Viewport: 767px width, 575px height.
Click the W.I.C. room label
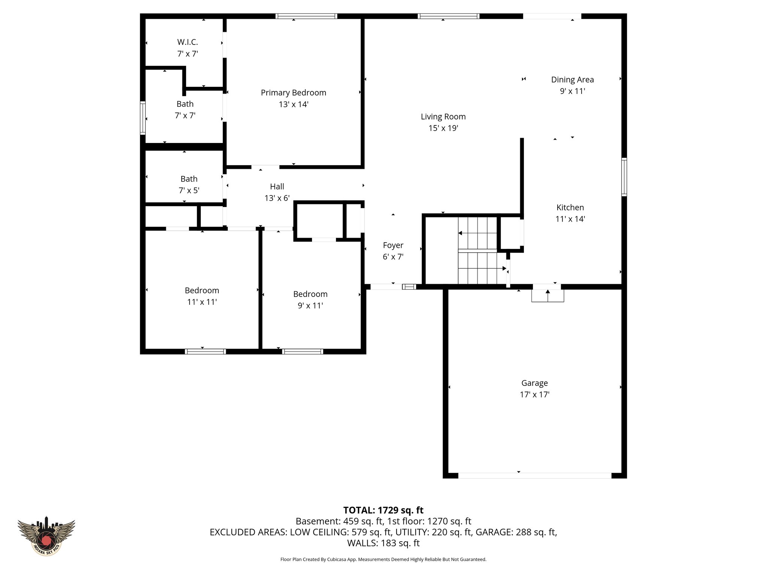tap(187, 42)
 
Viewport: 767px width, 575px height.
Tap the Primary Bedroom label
tap(293, 92)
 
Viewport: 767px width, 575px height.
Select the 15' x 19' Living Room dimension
tap(443, 128)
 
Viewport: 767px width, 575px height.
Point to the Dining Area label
tap(572, 79)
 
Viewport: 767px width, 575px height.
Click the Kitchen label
tap(570, 207)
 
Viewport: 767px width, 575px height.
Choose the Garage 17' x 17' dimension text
tap(534, 395)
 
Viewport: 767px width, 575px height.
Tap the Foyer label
tap(393, 245)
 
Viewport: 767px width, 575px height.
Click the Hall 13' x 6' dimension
tap(277, 198)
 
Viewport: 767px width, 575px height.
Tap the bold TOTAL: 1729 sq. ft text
tap(383, 510)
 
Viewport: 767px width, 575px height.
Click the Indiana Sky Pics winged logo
tap(46, 536)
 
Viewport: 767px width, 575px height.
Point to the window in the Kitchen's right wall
tap(624, 177)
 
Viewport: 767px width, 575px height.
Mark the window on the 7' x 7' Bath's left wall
tap(143, 118)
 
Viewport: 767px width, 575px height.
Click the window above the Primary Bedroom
tap(306, 16)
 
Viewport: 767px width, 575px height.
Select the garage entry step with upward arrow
tap(548, 296)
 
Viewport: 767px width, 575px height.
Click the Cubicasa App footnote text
tap(383, 560)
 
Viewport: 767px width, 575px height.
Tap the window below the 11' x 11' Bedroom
tap(205, 352)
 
